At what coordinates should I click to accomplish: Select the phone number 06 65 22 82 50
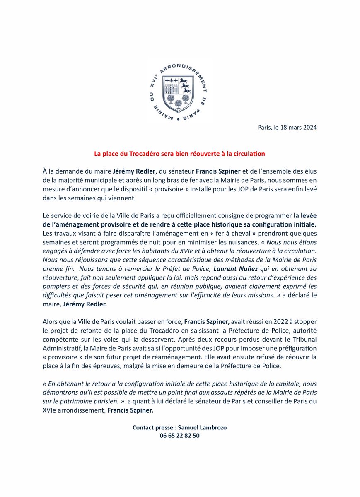point(179,436)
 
